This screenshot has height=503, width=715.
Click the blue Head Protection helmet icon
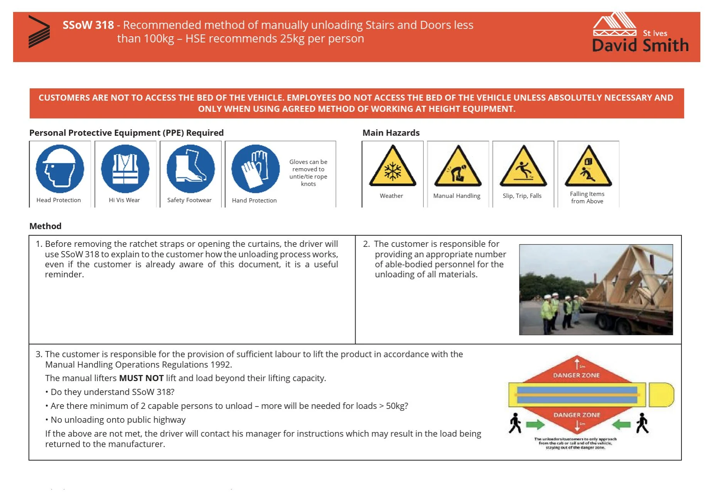60,169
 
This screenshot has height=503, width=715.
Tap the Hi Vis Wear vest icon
125,169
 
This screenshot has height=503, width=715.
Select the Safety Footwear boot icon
191,169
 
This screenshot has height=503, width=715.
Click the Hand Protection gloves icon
255,169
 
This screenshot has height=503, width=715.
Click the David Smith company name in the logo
640,46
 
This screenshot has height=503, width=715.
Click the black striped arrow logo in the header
39,32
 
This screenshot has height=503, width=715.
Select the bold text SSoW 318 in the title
88,25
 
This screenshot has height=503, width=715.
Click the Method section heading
46,226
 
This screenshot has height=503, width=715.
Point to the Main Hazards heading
391,133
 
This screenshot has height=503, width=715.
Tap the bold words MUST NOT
141,378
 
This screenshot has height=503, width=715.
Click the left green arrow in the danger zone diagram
535,425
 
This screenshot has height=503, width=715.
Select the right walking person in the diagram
642,423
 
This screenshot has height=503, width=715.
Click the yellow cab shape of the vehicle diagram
661,395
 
